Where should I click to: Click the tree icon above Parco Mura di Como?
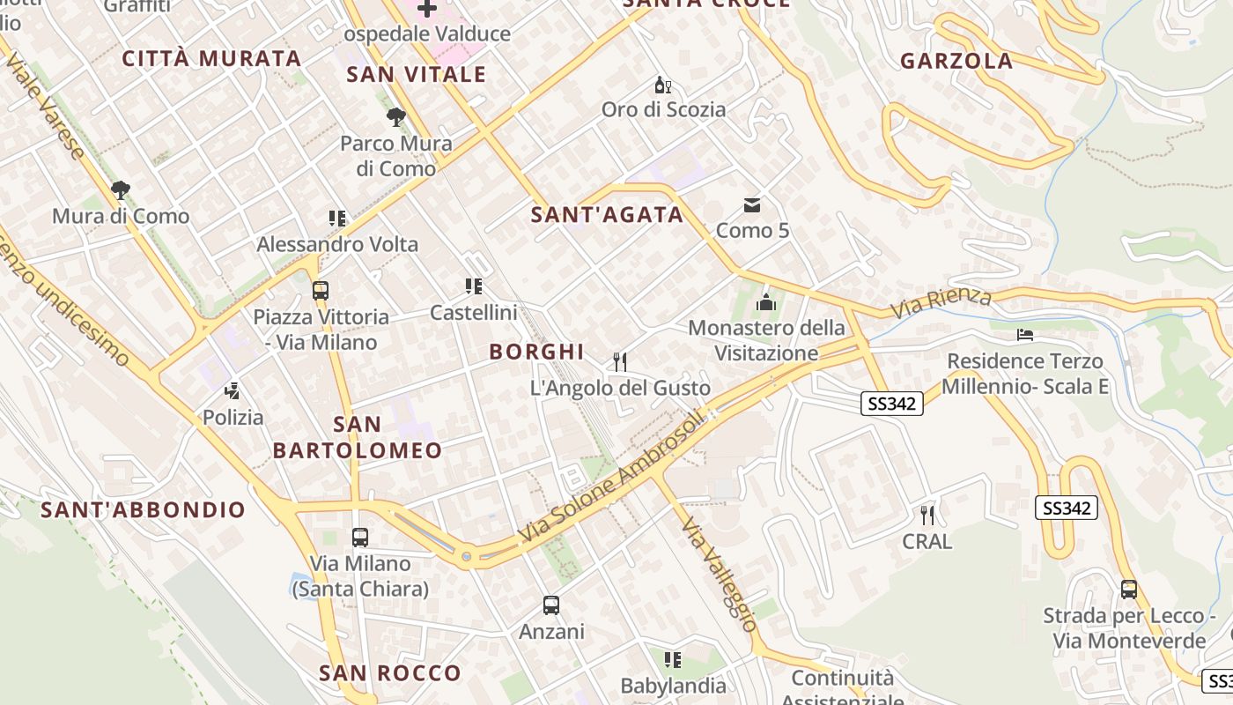(x=396, y=116)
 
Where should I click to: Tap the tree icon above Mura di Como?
(x=120, y=189)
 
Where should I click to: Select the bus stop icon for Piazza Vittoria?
(x=321, y=290)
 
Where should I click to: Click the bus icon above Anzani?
(x=551, y=605)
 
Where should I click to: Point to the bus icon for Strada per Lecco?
(x=1129, y=590)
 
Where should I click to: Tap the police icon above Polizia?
(x=233, y=390)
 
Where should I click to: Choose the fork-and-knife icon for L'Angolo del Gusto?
(x=620, y=361)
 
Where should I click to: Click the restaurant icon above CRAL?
(x=927, y=515)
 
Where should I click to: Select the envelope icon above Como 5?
(x=752, y=205)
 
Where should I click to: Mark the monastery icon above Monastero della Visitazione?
(x=766, y=302)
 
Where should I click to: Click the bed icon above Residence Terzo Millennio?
(x=1025, y=335)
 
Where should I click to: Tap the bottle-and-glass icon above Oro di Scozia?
(x=663, y=85)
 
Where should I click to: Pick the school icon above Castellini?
(x=474, y=286)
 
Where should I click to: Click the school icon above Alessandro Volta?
(x=337, y=218)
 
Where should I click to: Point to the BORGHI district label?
(x=536, y=352)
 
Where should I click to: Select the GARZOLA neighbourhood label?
(x=956, y=61)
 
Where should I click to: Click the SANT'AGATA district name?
(x=607, y=214)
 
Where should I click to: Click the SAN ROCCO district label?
(x=390, y=673)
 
